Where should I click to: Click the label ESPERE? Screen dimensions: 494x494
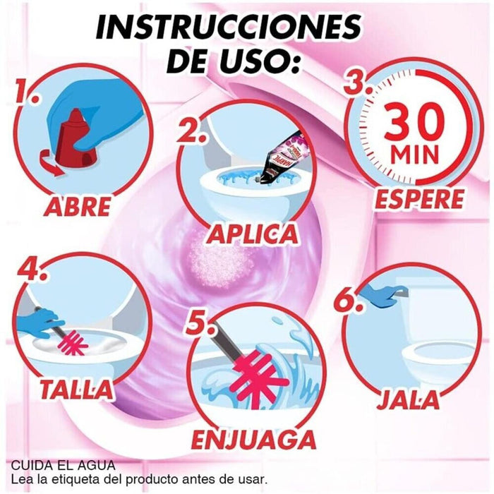(419, 200)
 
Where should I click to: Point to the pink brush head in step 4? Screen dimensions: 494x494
(78, 343)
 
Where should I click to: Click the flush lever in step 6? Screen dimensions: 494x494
(400, 292)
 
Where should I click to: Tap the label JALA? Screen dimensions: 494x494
(409, 399)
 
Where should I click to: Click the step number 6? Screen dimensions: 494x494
(347, 301)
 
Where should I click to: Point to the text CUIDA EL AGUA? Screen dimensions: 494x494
(63, 466)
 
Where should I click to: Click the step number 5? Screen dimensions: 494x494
(200, 324)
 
